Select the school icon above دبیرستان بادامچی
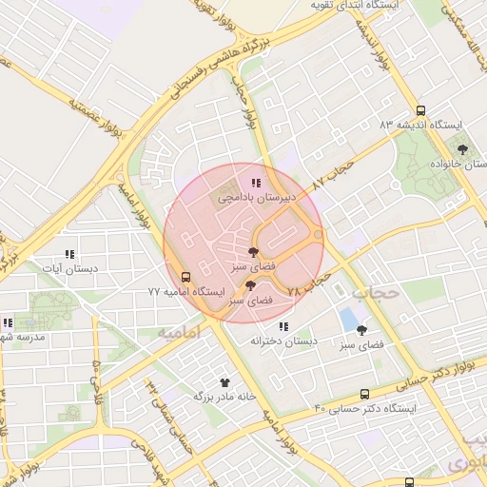point(254,182)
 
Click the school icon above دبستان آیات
point(68,254)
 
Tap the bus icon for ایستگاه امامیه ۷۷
point(185,278)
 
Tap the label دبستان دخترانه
point(282,341)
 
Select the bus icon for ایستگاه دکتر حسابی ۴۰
point(365,395)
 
